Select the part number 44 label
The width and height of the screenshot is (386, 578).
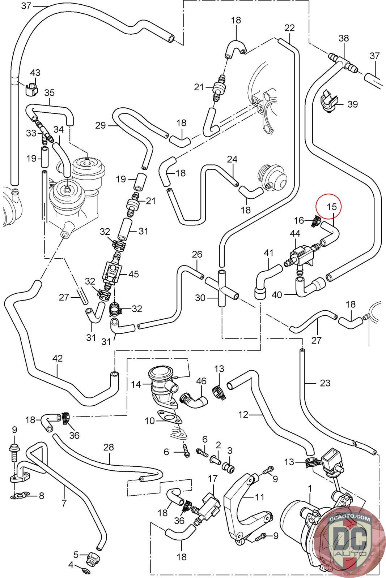[295, 234]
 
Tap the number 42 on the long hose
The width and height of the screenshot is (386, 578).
[58, 359]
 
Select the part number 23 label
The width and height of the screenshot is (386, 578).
[325, 383]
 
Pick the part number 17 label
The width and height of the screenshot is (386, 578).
[212, 479]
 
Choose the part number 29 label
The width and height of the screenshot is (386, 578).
[100, 125]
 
